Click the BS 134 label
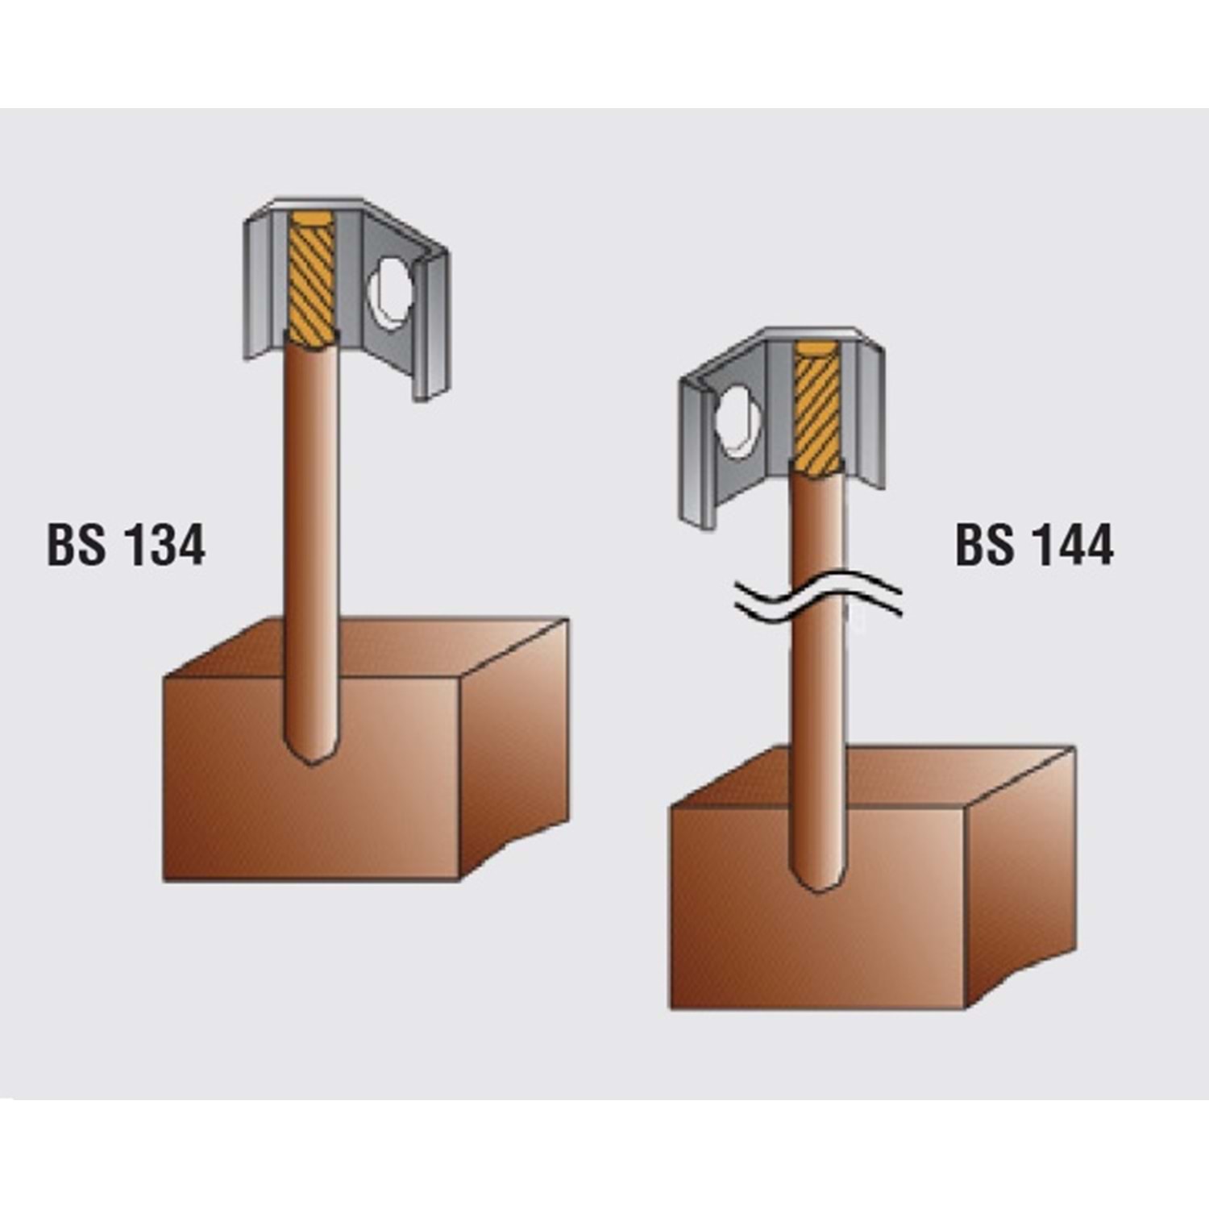(x=127, y=546)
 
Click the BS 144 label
(x=1035, y=546)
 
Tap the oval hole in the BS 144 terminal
(x=738, y=422)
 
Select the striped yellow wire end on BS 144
(x=818, y=408)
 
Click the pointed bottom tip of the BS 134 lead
(x=312, y=762)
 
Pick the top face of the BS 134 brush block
(x=367, y=648)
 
